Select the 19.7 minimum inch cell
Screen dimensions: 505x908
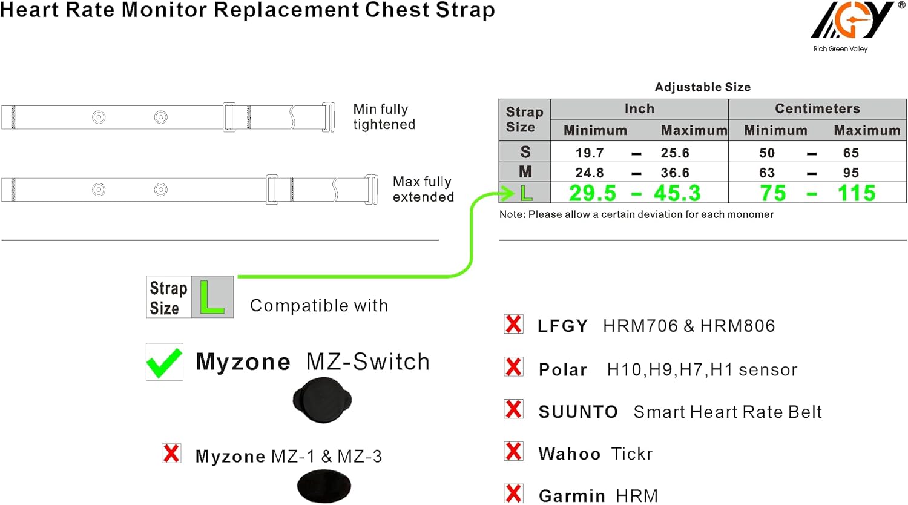[x=590, y=153]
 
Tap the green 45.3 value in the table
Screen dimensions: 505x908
[x=677, y=193]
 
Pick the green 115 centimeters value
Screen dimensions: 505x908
[x=856, y=193]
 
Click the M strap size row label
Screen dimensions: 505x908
[x=525, y=173]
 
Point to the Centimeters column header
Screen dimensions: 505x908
[x=817, y=108]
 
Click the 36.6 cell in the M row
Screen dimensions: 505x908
[x=675, y=173]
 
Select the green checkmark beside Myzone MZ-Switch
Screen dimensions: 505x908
[x=164, y=362]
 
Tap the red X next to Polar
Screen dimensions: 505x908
[x=513, y=367]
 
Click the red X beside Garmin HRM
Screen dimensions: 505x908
[x=513, y=493]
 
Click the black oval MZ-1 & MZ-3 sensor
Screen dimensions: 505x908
[x=324, y=486]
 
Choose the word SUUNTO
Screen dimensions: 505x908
[x=578, y=412]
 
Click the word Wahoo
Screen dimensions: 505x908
[x=569, y=454]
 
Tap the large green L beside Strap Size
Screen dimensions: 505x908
[x=211, y=297]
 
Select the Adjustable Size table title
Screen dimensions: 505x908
[x=702, y=87]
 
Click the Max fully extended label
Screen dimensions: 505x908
[x=423, y=189]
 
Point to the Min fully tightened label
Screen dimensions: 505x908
[x=384, y=116]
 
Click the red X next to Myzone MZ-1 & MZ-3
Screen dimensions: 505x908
[x=171, y=453]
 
